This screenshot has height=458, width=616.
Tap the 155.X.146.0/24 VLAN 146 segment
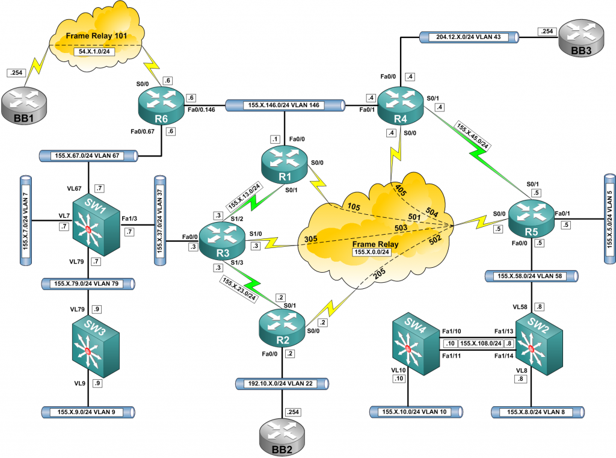click(284, 105)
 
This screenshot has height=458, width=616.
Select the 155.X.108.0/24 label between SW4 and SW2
click(481, 343)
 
